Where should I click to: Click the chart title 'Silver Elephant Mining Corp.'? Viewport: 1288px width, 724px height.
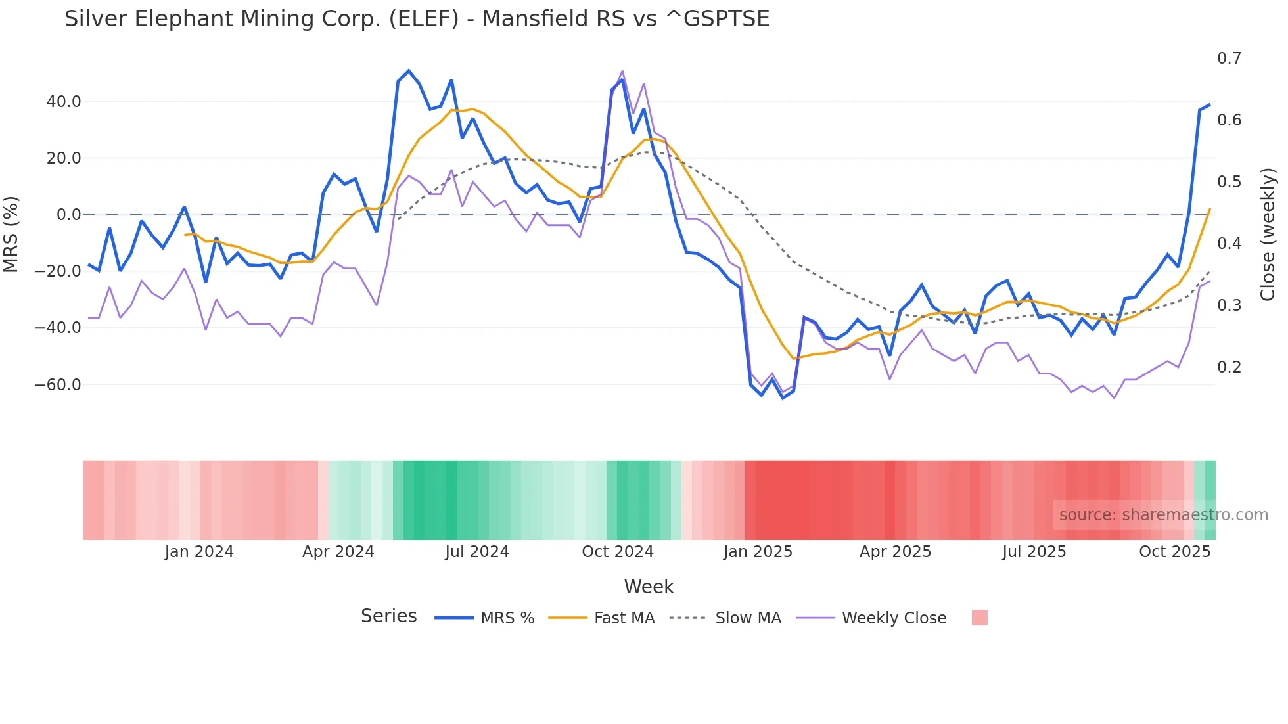(x=417, y=19)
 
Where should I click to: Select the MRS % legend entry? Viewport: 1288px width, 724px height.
(x=507, y=618)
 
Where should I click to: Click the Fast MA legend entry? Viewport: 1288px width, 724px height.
(x=624, y=618)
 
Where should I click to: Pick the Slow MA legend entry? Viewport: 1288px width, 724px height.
(x=748, y=618)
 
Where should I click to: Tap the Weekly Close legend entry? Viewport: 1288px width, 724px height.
(x=894, y=618)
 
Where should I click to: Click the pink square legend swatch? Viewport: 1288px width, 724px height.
(x=979, y=618)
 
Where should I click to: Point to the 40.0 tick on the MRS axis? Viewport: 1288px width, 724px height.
(x=64, y=102)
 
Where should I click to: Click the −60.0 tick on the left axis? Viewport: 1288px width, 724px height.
(x=58, y=385)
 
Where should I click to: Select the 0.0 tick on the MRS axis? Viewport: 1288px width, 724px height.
(x=69, y=215)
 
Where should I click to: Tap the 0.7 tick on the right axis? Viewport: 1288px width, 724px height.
(x=1229, y=58)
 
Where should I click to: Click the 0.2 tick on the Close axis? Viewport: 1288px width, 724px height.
(x=1229, y=367)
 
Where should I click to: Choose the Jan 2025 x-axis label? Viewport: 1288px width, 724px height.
(x=758, y=552)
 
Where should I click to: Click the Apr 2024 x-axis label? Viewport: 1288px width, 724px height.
(x=338, y=552)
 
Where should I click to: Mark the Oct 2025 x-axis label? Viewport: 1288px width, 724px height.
(x=1174, y=552)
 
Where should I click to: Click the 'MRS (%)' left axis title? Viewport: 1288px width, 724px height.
(x=11, y=234)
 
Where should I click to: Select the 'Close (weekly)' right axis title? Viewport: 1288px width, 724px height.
(x=1268, y=235)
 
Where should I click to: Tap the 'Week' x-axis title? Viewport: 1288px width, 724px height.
(x=649, y=587)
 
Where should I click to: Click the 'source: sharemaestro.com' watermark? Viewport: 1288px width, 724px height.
(x=1163, y=515)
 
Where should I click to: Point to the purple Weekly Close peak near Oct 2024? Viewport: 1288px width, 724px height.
(x=622, y=71)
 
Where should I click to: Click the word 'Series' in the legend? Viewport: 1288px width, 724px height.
(x=388, y=616)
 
